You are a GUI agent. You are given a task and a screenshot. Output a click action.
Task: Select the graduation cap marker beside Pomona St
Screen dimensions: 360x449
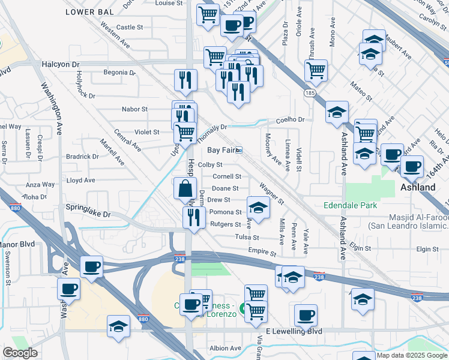(259, 208)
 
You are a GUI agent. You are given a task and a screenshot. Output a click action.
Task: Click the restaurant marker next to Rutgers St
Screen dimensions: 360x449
(193, 218)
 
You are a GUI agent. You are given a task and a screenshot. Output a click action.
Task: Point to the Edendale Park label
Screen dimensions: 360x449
(350, 205)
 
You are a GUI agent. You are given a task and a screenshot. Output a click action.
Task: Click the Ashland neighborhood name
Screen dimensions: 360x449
(418, 187)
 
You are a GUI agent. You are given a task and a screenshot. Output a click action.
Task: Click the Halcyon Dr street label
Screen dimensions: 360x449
(61, 63)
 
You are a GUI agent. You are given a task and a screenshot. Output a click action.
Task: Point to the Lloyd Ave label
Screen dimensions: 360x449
(81, 180)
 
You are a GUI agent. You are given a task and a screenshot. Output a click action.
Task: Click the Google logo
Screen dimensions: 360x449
(20, 352)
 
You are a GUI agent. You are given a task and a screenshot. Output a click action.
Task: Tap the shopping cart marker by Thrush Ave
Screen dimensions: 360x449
(316, 70)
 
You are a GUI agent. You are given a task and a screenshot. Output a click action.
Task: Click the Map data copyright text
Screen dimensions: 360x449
(412, 355)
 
